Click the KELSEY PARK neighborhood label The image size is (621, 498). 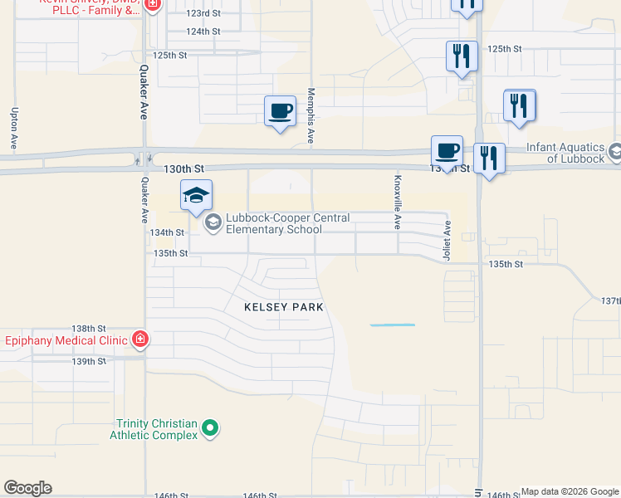pos(283,307)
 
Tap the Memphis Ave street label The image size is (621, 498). pos(310,117)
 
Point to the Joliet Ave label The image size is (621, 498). pos(447,241)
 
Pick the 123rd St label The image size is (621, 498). pos(203,14)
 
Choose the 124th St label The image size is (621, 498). pos(203,32)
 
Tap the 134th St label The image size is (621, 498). pos(167,233)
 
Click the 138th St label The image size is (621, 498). pos(90,329)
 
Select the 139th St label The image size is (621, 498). pos(90,361)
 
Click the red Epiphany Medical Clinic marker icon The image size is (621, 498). pos(140,339)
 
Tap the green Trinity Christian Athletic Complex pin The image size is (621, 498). pos(211,429)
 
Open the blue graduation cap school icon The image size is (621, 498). pos(197,196)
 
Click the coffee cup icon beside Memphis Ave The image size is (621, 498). pos(280,110)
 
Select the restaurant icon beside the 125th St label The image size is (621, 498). pos(462,56)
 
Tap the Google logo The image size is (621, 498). pos(27,488)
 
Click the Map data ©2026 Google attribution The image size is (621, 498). pos(570,492)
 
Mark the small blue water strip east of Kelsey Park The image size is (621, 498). pos(392,325)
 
